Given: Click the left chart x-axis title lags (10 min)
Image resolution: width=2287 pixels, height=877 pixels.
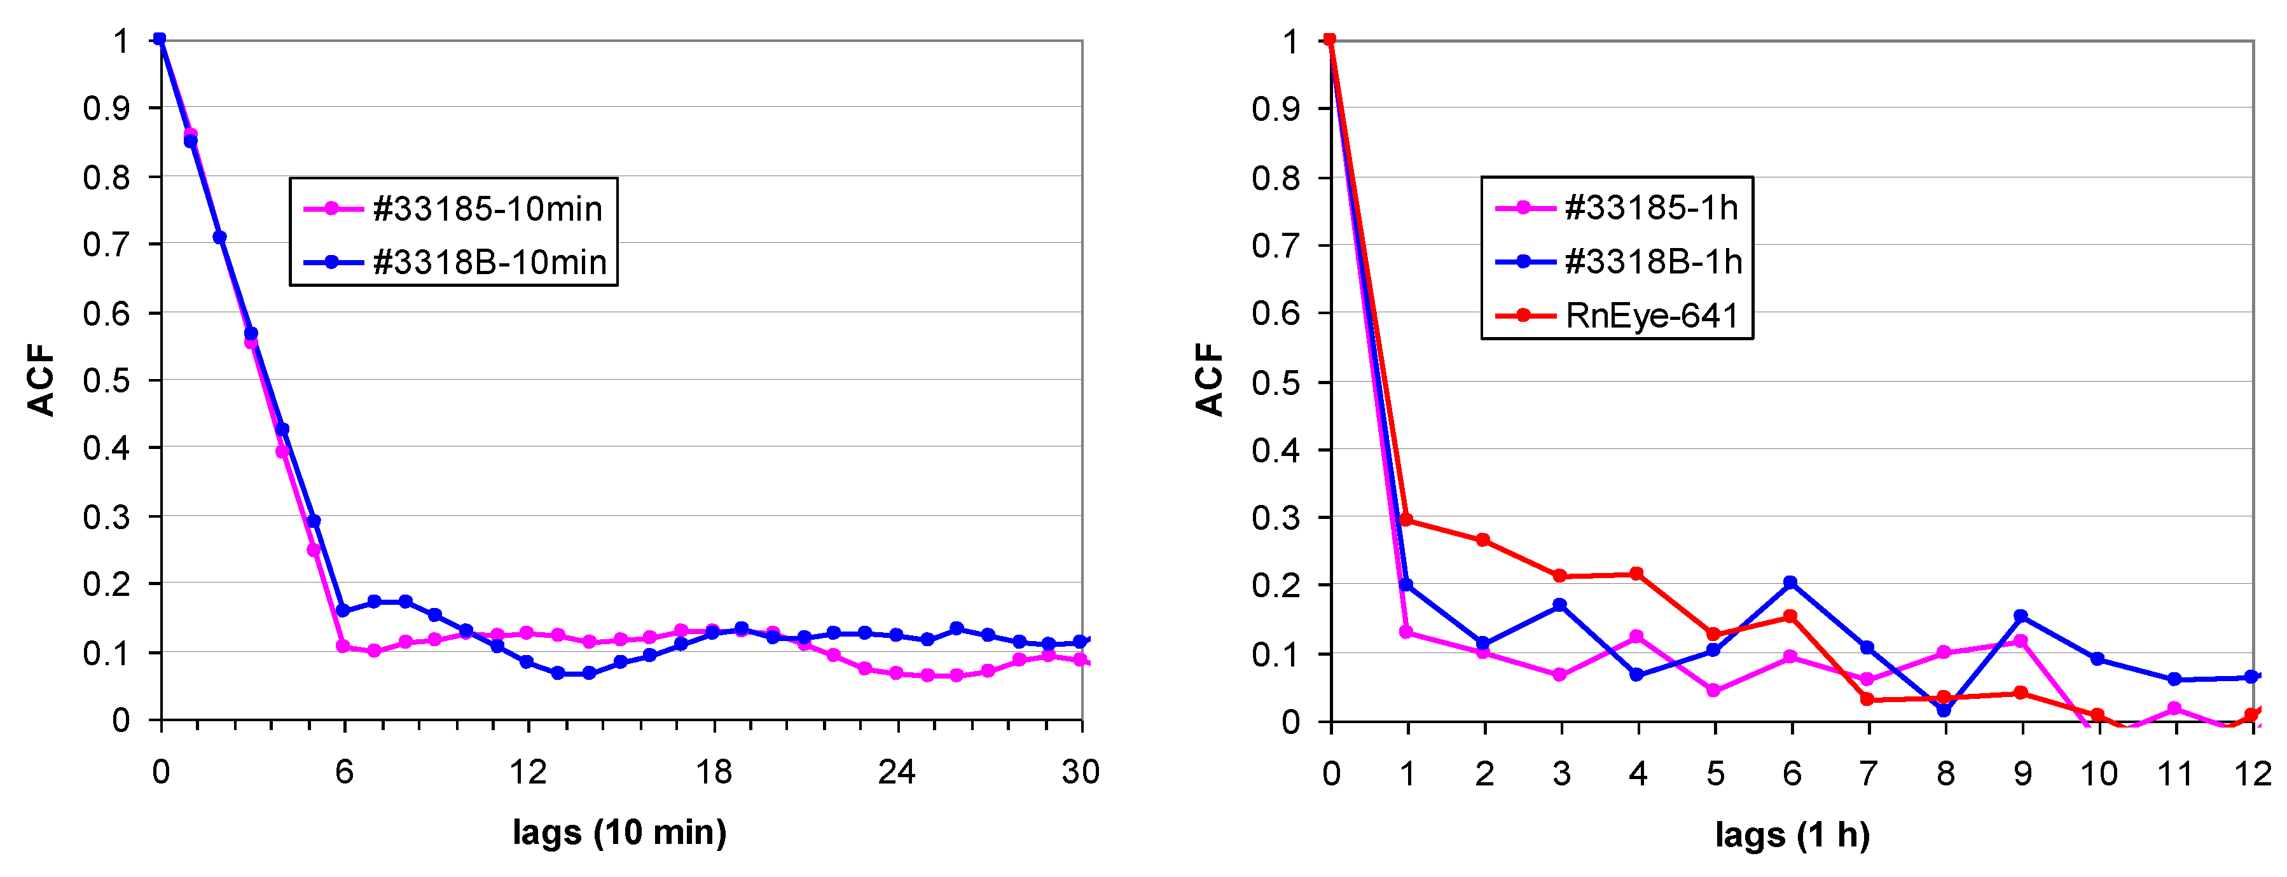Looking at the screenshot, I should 619,832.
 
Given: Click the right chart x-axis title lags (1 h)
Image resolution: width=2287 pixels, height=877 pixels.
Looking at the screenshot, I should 1792,834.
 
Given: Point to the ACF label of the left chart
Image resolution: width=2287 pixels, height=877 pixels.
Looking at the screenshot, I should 41,380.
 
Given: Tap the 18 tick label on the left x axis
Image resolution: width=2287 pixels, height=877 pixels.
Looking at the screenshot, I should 714,772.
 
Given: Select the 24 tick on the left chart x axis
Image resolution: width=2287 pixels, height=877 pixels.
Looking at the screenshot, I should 897,772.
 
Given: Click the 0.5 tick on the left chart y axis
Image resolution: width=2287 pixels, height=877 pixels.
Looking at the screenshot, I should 107,381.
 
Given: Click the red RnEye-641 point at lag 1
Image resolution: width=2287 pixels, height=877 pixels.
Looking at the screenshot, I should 1406,520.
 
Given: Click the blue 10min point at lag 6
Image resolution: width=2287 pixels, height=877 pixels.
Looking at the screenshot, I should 343,611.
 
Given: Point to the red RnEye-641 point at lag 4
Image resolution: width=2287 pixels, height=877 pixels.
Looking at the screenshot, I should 1636,574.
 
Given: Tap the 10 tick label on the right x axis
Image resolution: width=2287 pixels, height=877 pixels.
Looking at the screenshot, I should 2099,774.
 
